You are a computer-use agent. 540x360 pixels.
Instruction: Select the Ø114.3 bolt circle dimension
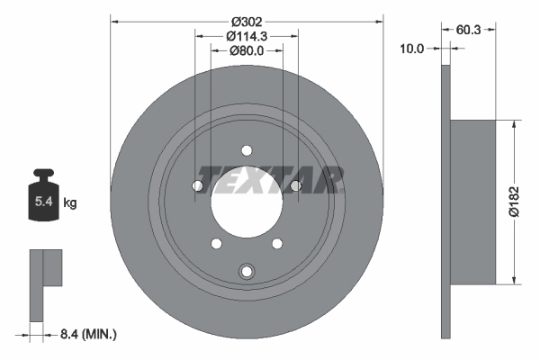246,35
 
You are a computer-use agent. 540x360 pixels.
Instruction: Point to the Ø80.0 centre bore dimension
246,50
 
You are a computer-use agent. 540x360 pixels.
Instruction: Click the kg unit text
70,203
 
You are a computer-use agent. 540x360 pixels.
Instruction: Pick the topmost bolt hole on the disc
246,151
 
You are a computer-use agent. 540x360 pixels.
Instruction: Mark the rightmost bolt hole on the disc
294,186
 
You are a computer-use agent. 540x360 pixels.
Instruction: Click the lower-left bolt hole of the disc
216,242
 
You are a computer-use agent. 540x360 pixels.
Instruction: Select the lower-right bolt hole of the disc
275,242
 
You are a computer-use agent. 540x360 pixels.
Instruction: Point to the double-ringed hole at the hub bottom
246,271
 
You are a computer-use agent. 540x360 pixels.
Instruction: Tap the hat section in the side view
474,202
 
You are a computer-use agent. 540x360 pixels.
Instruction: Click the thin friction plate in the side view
445,202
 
